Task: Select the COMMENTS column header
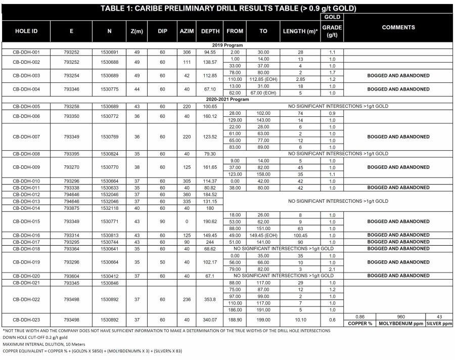click(398, 27)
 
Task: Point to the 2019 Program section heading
click(227, 46)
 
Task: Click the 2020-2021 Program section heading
click(227, 100)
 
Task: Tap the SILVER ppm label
click(439, 323)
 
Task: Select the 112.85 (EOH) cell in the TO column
click(263, 79)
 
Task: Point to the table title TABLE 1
click(227, 9)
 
